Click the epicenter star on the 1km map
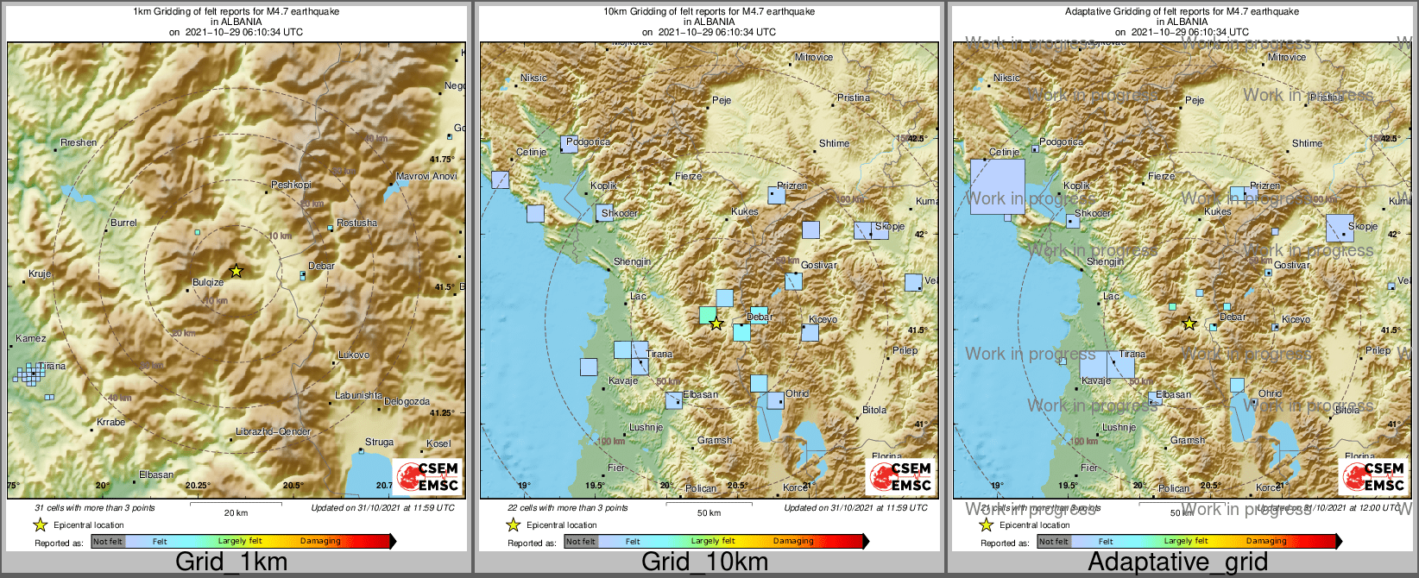pos(236,271)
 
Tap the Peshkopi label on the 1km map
pos(291,185)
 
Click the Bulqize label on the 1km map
pos(208,283)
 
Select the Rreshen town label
pos(79,142)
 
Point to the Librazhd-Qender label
pos(273,431)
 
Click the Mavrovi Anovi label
pos(426,176)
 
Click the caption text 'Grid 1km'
pos(231,562)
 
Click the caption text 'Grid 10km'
pos(704,562)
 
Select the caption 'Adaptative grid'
pos(1177,562)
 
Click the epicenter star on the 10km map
pos(716,324)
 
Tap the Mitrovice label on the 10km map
pos(814,58)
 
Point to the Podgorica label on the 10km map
pos(589,141)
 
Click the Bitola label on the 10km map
pos(874,410)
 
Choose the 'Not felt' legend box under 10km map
pos(581,542)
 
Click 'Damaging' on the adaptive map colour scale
pos(1265,541)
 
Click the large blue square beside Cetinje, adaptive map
pos(997,185)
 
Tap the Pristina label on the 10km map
pos(854,97)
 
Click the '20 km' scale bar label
pos(236,512)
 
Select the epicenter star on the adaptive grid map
pos(1189,324)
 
